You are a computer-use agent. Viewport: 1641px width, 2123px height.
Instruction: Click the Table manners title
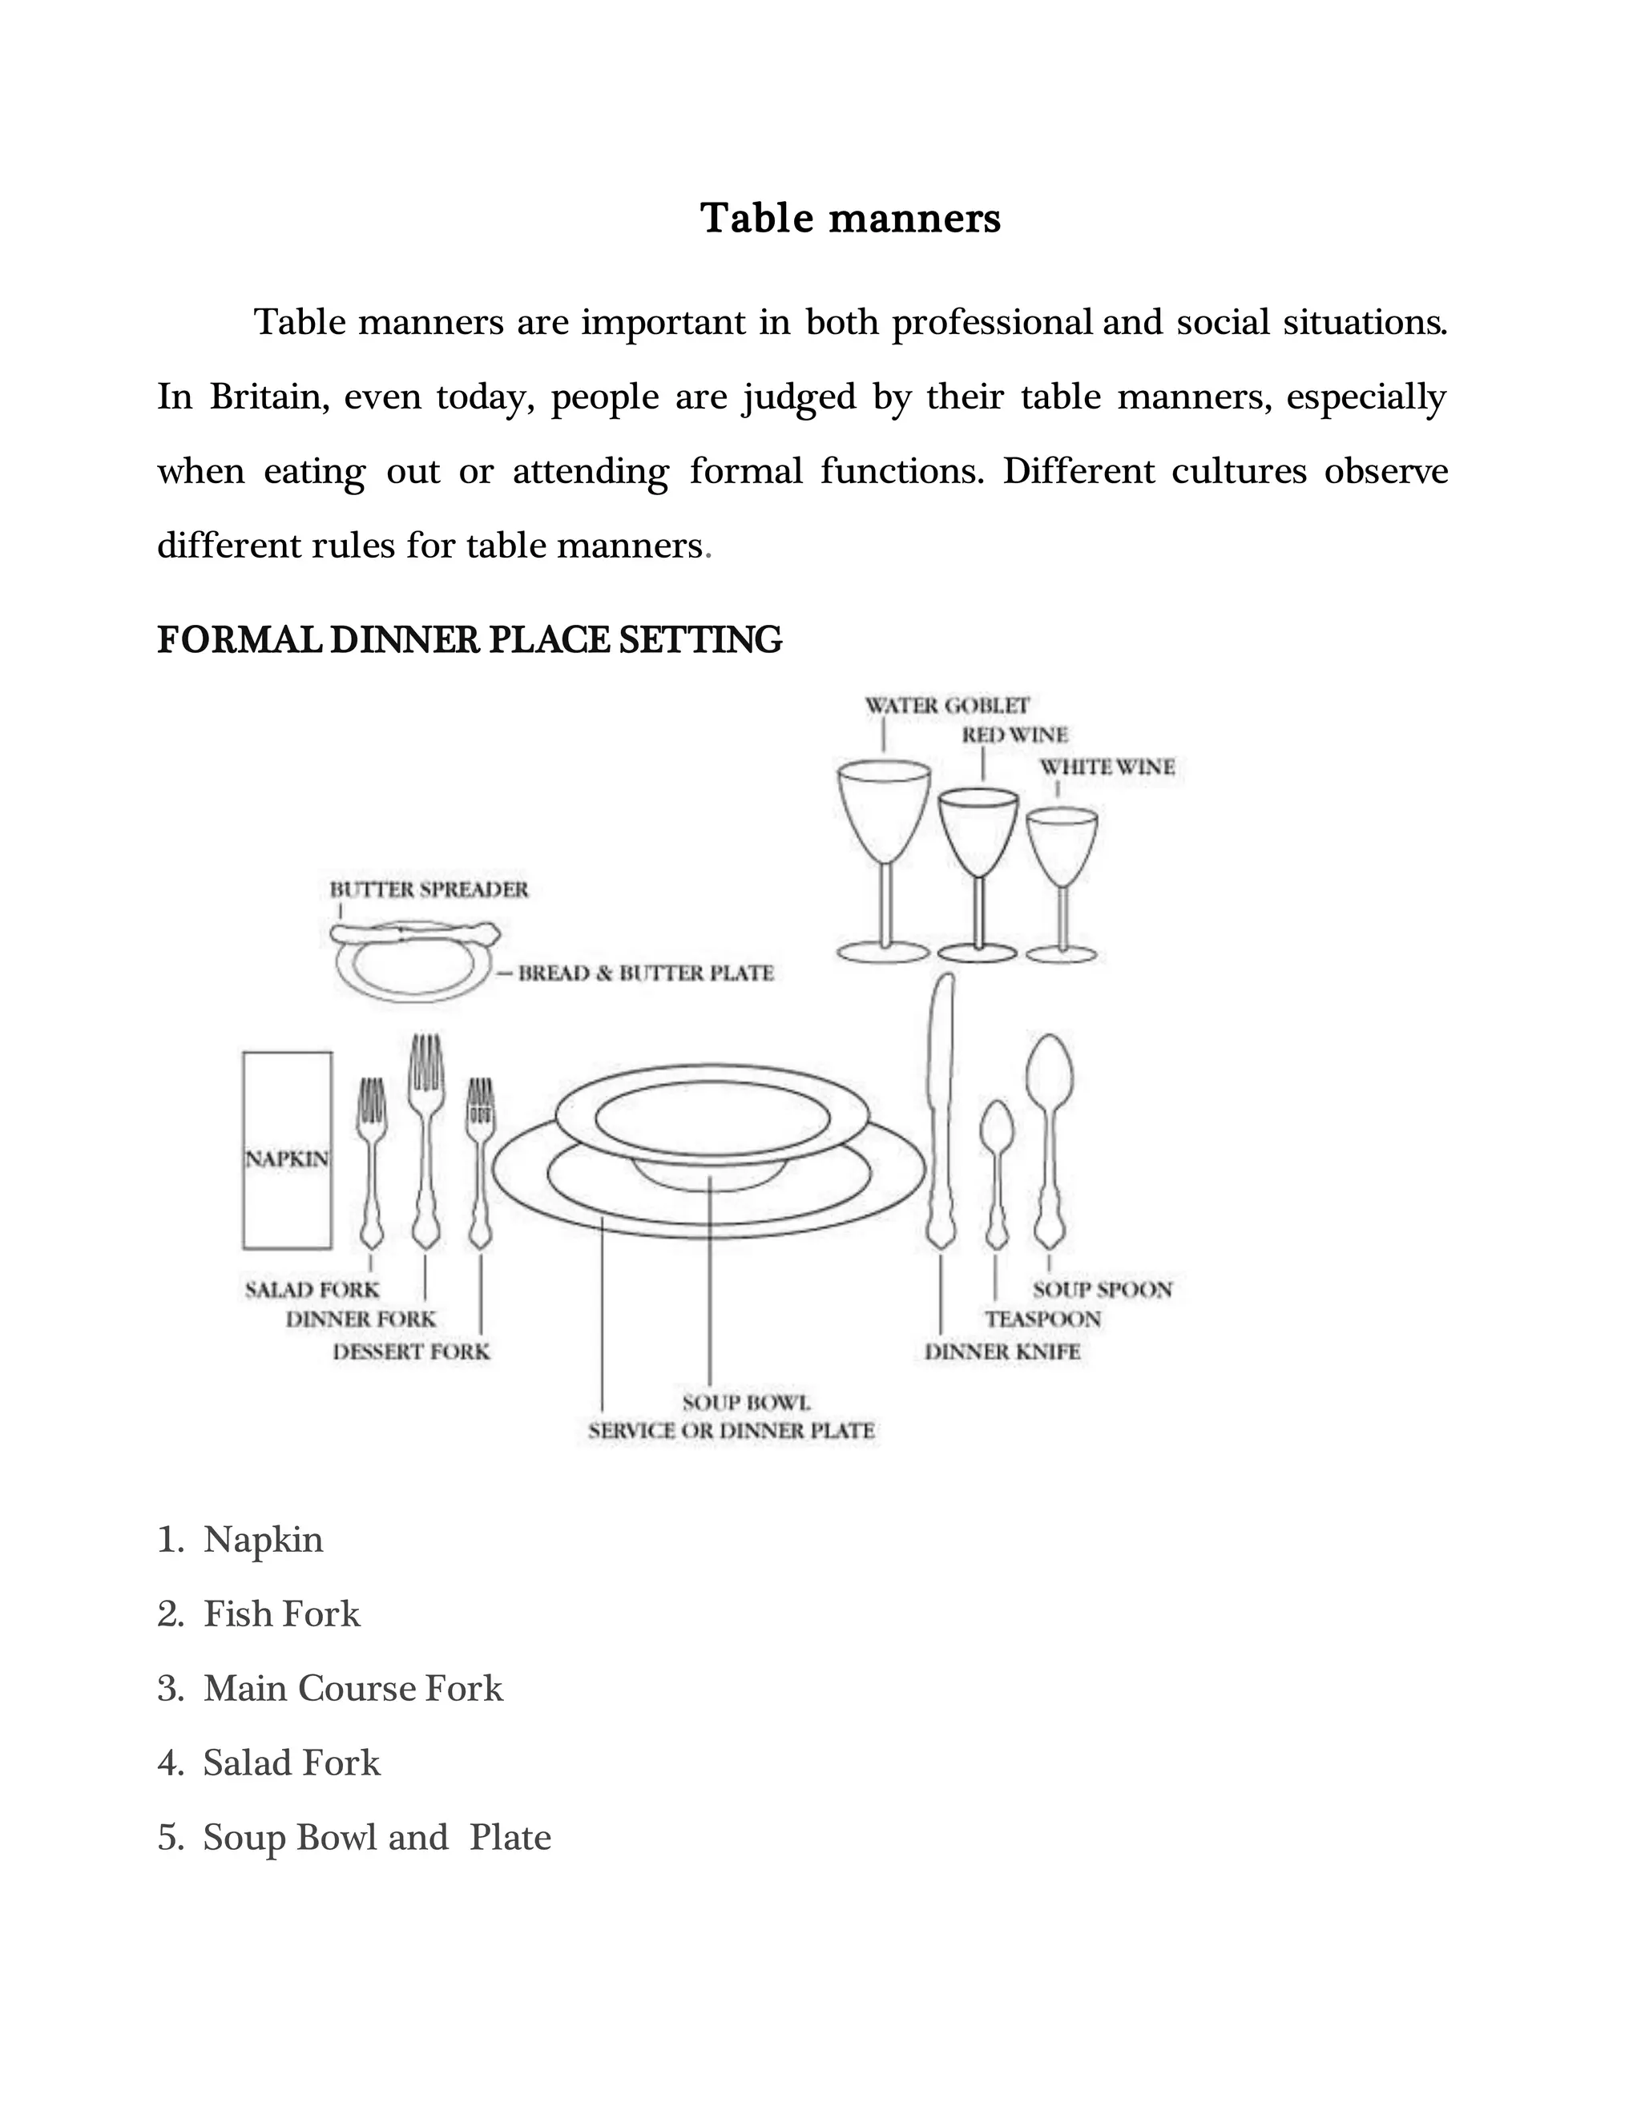(x=849, y=218)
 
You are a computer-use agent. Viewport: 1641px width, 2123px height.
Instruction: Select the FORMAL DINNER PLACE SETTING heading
(x=470, y=639)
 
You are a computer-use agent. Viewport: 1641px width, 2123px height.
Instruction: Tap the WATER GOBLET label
(x=946, y=705)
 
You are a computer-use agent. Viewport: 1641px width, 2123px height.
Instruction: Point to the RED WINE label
(x=1014, y=735)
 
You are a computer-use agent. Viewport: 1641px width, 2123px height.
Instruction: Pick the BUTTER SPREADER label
(x=429, y=889)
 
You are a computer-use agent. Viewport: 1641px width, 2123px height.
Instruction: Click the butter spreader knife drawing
(x=415, y=934)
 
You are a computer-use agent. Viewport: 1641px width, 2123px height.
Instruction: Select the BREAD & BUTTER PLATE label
(x=646, y=973)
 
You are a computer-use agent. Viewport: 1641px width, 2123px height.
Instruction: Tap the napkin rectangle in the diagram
(x=287, y=1150)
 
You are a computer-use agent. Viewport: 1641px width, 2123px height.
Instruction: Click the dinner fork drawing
(x=425, y=1138)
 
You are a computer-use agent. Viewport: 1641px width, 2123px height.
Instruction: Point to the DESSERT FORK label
(x=411, y=1352)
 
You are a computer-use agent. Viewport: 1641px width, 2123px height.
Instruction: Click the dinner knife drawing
(x=940, y=1108)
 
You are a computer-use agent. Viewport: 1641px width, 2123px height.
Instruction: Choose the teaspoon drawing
(x=997, y=1171)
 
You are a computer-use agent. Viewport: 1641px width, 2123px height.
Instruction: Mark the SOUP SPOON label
(x=1103, y=1290)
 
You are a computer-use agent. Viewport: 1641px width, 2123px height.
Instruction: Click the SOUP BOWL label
(x=746, y=1403)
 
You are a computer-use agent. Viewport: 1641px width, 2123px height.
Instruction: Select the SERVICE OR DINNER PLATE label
(x=731, y=1431)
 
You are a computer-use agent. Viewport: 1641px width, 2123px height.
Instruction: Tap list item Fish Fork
(x=281, y=1613)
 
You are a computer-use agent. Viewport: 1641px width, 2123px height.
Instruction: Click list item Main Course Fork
(x=352, y=1689)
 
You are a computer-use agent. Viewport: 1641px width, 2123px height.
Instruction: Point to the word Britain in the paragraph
(x=265, y=397)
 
